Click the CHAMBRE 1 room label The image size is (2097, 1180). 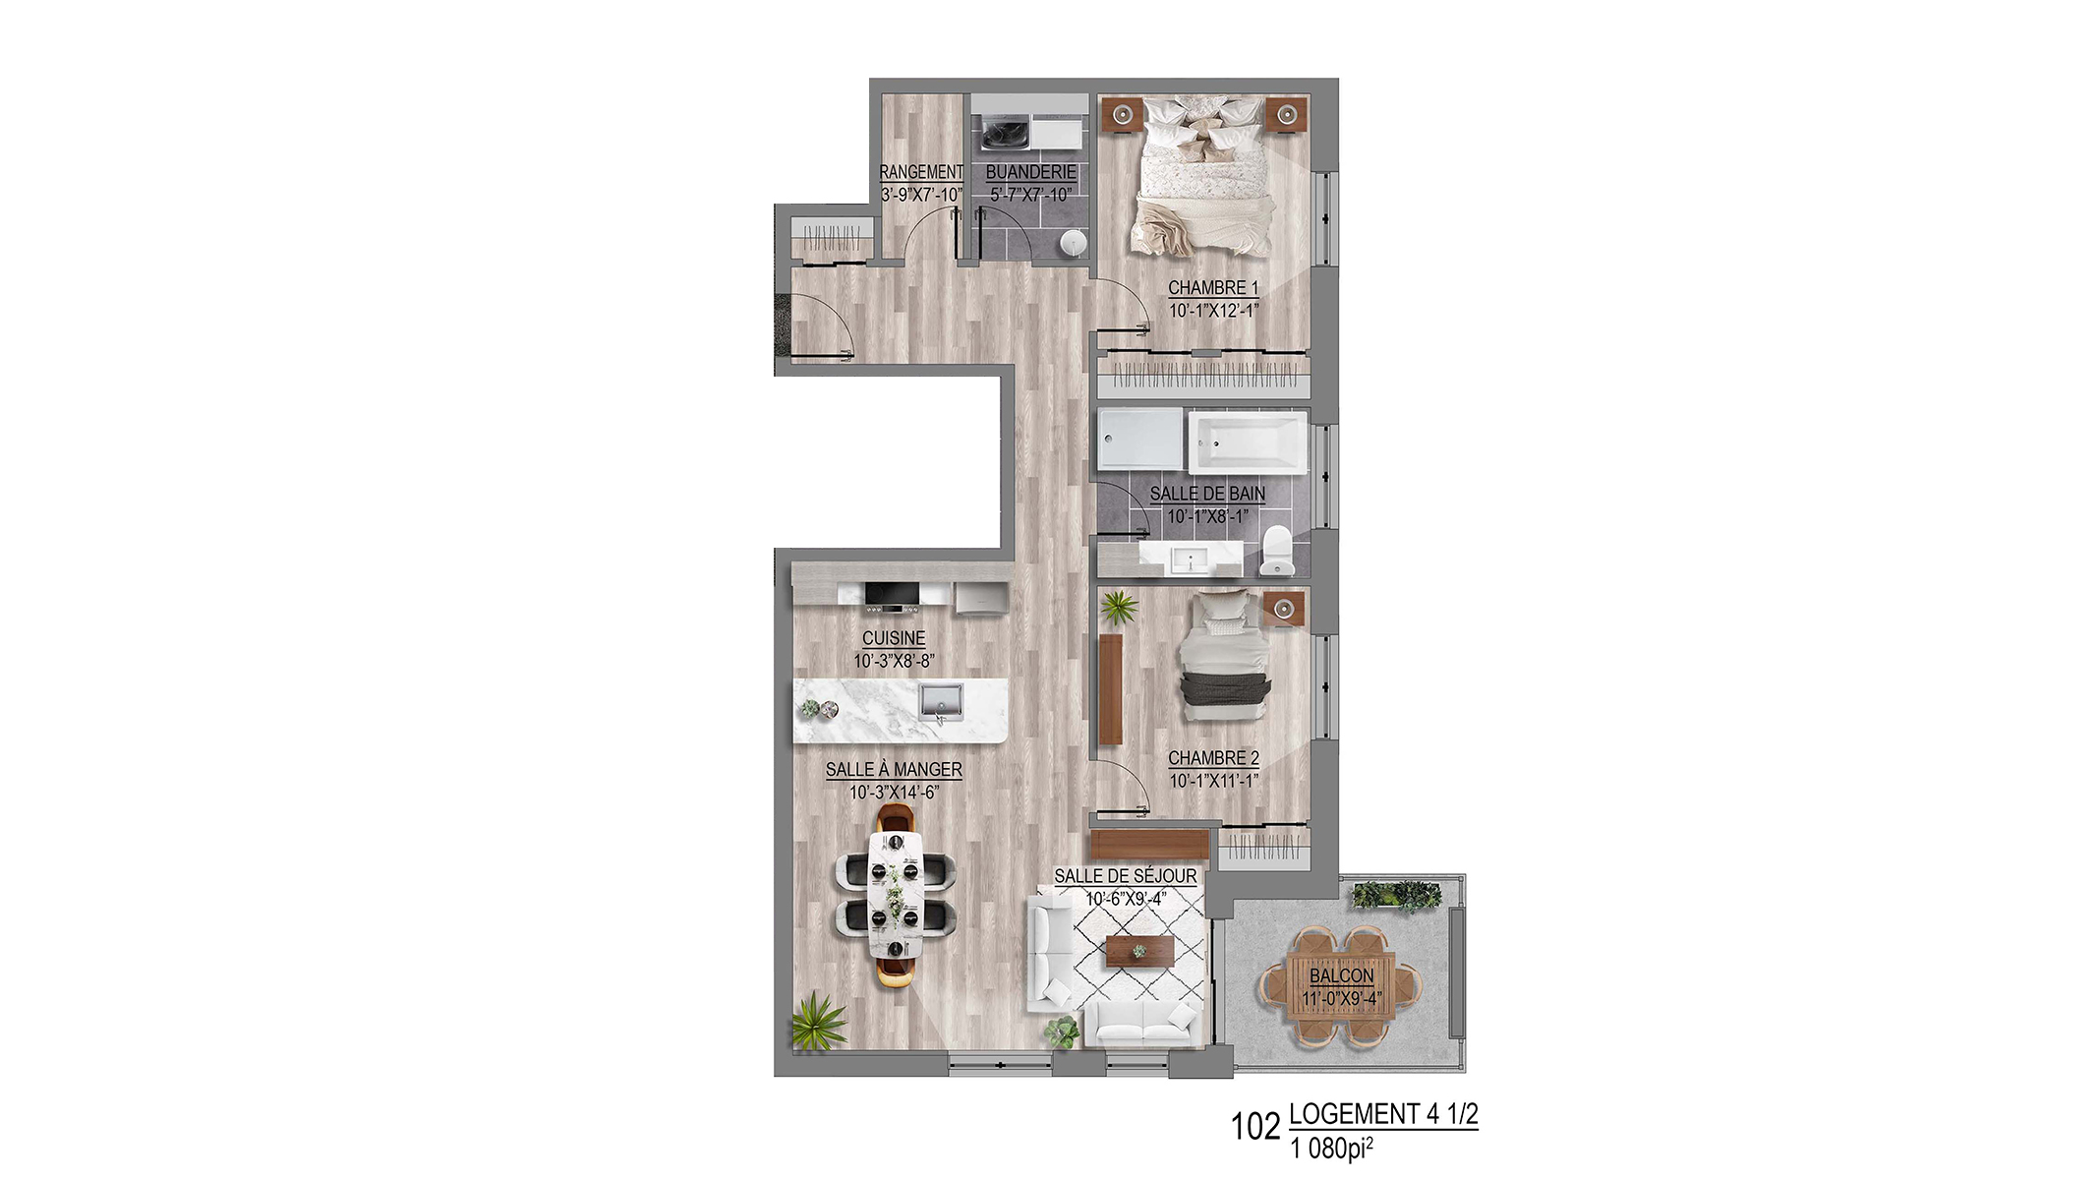1213,288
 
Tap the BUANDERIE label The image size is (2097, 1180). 1030,172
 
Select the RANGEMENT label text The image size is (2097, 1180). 921,172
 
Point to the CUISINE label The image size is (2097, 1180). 894,638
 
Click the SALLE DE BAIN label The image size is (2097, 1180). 1207,494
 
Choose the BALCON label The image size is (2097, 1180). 1342,975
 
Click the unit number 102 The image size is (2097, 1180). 1255,1127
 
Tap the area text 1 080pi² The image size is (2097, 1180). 1331,1148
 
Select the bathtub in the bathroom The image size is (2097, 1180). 1248,442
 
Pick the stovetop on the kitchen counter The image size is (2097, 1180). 204,597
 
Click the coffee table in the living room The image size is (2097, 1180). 1139,951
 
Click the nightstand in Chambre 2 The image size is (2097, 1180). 1282,609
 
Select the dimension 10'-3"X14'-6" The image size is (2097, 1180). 894,793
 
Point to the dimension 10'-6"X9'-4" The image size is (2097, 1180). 1126,899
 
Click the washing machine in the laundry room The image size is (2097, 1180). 1004,133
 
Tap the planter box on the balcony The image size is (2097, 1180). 1396,896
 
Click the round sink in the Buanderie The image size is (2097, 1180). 1075,242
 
